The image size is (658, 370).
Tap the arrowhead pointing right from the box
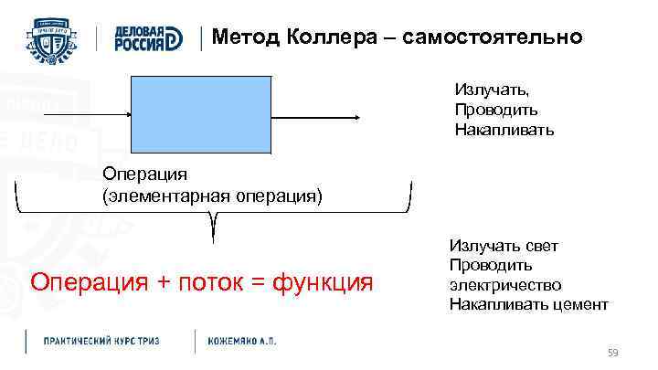click(363, 116)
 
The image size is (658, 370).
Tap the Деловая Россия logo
click(148, 37)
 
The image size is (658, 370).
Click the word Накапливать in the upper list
click(504, 130)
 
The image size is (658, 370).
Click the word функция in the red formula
click(319, 281)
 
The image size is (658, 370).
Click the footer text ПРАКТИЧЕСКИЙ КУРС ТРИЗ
click(102, 341)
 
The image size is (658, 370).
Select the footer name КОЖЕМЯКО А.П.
click(242, 341)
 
